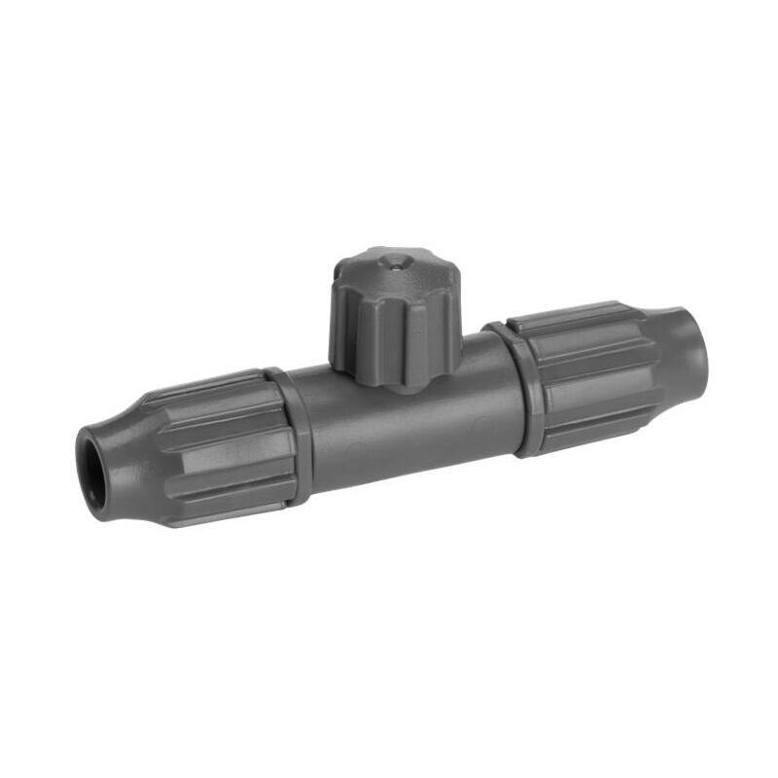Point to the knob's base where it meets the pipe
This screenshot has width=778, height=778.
tap(394, 384)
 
